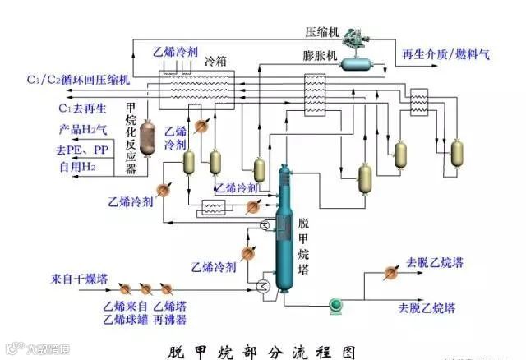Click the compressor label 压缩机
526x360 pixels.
point(322,32)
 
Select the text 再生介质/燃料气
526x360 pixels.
point(445,55)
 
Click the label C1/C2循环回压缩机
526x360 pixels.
point(77,81)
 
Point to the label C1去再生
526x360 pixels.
point(81,108)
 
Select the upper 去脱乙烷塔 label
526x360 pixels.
point(435,263)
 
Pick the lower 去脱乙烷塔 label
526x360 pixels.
point(427,308)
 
